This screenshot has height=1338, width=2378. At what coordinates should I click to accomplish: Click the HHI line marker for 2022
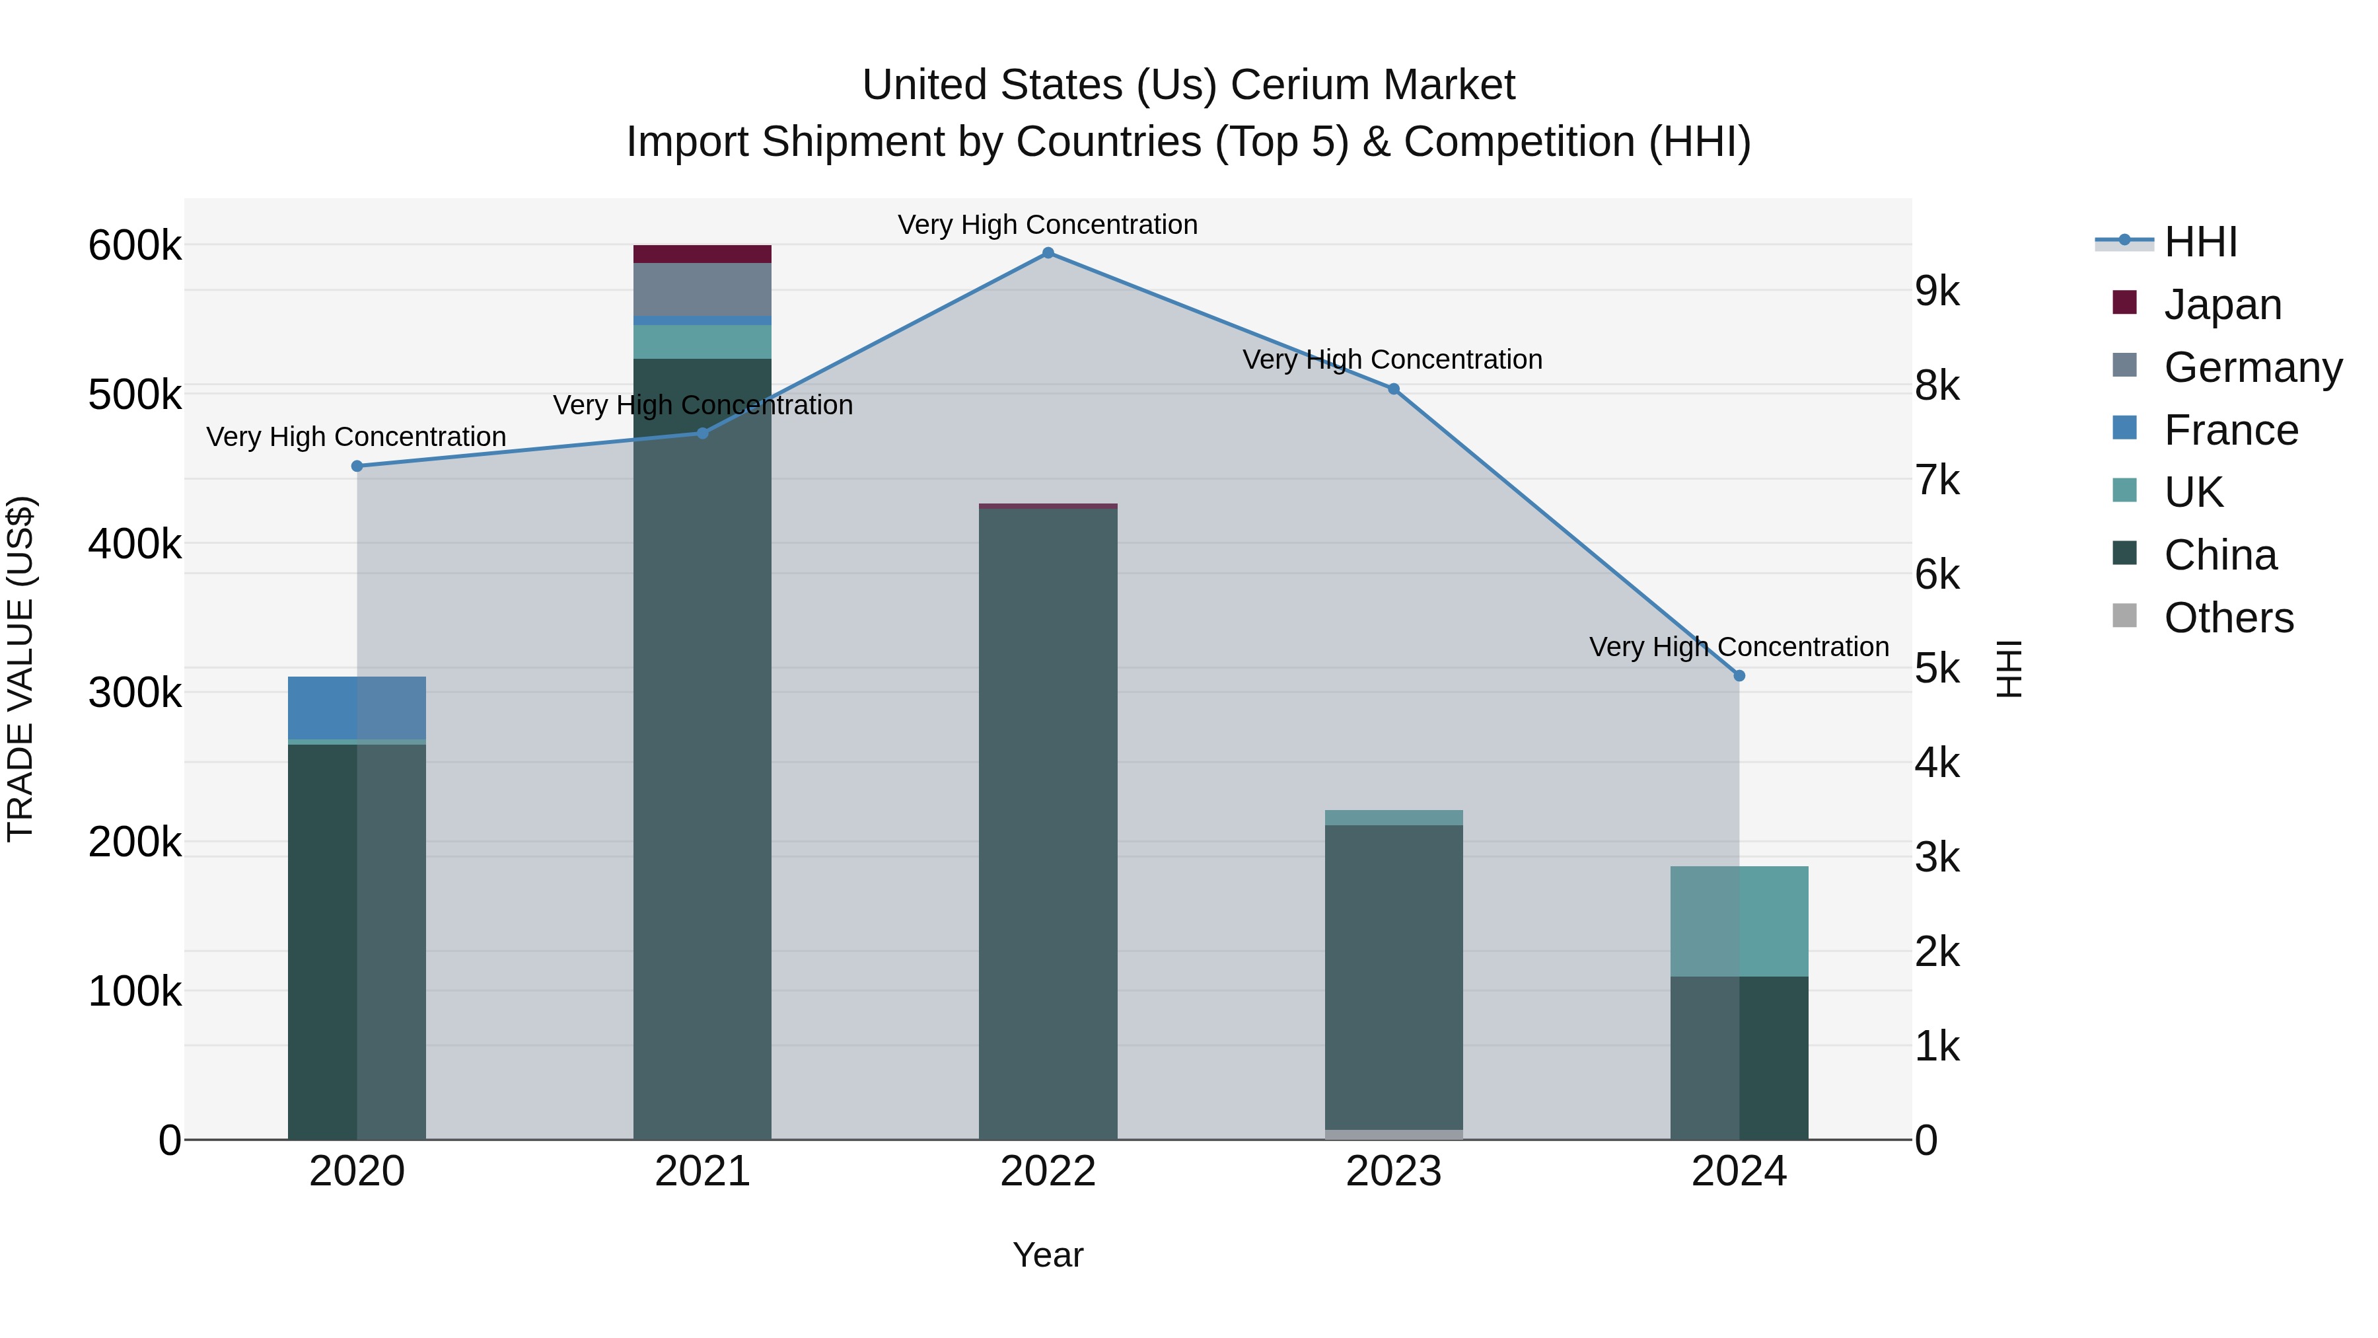pyautogui.click(x=1048, y=253)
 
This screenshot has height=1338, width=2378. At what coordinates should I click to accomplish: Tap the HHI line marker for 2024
pyautogui.click(x=1739, y=676)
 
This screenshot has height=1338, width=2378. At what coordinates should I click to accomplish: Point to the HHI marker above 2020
pyautogui.click(x=357, y=466)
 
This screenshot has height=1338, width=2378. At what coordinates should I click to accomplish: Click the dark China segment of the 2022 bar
pyautogui.click(x=1048, y=822)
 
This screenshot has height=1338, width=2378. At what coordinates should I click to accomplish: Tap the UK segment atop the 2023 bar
pyautogui.click(x=1394, y=817)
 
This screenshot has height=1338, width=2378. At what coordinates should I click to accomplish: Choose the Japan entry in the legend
pyautogui.click(x=2222, y=305)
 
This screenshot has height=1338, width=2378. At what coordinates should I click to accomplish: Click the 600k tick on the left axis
pyautogui.click(x=135, y=246)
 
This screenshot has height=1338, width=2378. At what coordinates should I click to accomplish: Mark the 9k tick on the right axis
pyautogui.click(x=1937, y=292)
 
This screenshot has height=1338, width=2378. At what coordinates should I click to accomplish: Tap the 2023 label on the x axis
pyautogui.click(x=1393, y=1171)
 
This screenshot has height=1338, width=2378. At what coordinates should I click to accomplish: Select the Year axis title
pyautogui.click(x=1048, y=1255)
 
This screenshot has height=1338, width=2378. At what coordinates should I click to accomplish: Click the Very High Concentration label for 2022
pyautogui.click(x=1048, y=225)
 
